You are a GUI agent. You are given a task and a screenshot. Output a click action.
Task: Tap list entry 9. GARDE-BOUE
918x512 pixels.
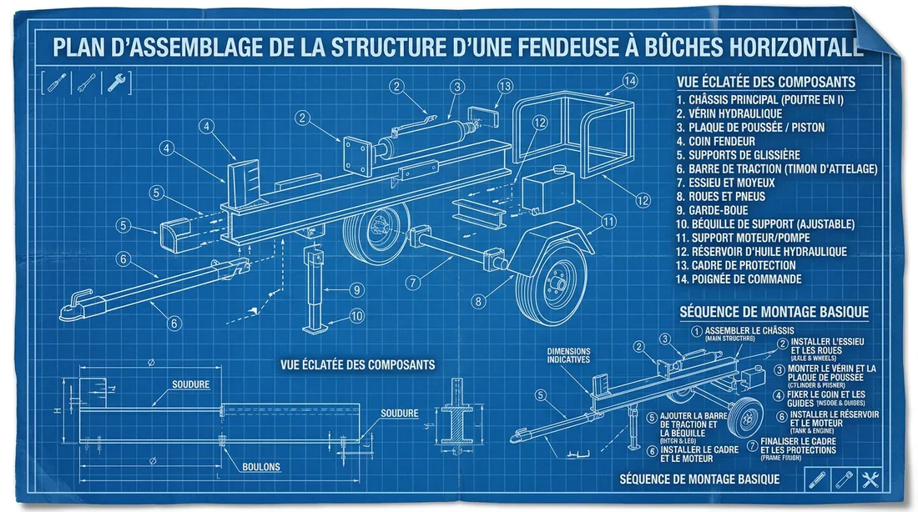tap(718, 209)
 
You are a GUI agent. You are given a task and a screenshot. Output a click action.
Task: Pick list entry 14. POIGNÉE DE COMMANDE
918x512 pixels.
tap(739, 279)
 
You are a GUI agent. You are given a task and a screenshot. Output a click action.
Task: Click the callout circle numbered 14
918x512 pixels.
tap(630, 80)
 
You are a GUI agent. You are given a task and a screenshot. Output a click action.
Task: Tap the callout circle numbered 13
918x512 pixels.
tap(505, 86)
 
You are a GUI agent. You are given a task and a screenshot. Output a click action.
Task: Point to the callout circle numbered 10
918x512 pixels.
tap(356, 315)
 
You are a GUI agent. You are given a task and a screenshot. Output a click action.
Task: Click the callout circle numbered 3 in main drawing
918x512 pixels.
tap(457, 86)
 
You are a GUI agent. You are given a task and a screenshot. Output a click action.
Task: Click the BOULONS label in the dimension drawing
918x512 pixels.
tap(261, 467)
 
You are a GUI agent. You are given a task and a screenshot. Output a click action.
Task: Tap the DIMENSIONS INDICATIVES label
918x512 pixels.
tap(568, 355)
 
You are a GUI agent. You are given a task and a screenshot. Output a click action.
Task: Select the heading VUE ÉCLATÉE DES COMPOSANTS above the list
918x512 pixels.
tap(765, 82)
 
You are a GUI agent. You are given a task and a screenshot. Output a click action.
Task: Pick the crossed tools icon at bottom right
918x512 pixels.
tap(870, 479)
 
